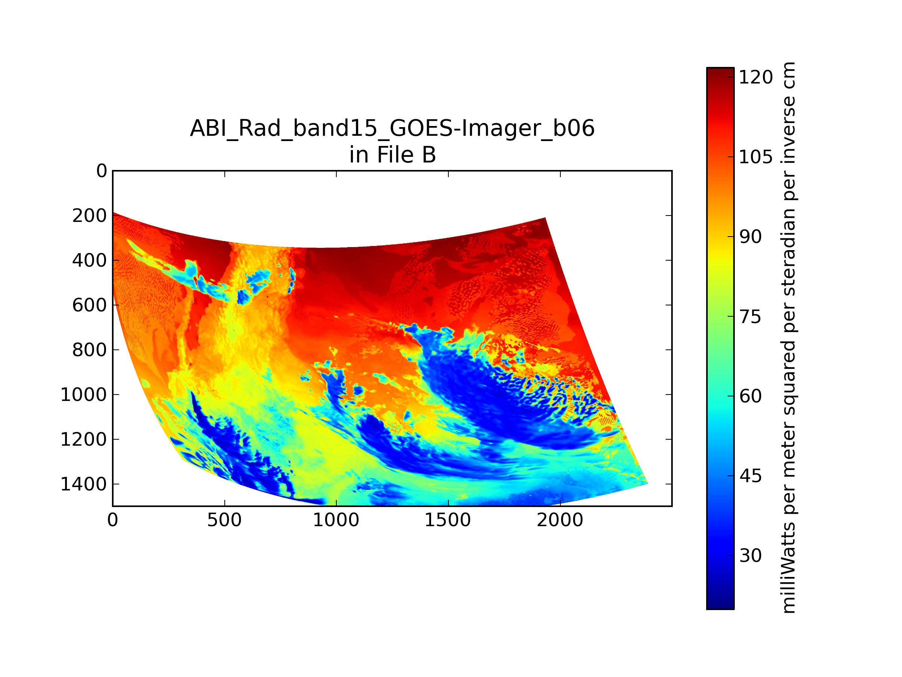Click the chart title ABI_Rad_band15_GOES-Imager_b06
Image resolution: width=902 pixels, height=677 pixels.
tap(392, 129)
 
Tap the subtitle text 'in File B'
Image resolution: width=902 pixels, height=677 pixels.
tap(392, 155)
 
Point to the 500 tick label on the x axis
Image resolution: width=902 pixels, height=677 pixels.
tap(224, 520)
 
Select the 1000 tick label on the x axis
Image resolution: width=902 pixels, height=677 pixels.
tap(336, 520)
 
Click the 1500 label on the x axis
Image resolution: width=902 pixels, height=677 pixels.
tap(448, 520)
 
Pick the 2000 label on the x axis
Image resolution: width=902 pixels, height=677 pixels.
tap(560, 520)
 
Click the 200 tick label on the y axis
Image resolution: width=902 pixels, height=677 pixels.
tap(90, 216)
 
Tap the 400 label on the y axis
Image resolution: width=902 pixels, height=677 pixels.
tap(90, 260)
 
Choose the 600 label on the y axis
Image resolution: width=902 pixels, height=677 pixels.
tap(90, 305)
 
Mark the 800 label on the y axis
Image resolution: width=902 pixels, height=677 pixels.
tap(90, 350)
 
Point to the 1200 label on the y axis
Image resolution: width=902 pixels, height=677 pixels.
tap(83, 440)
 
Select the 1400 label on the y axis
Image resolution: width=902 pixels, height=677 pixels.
tap(83, 484)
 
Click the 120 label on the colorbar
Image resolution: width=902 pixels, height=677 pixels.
tap(755, 77)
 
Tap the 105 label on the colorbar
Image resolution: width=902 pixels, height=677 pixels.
tap(755, 157)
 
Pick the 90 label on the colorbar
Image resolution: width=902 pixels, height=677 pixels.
tap(750, 237)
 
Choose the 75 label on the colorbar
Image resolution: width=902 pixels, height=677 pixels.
tap(750, 317)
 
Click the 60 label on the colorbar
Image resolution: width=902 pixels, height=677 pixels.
tap(750, 396)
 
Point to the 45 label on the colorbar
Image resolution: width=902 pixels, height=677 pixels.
tap(750, 476)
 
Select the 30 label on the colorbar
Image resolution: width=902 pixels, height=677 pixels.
tap(750, 556)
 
